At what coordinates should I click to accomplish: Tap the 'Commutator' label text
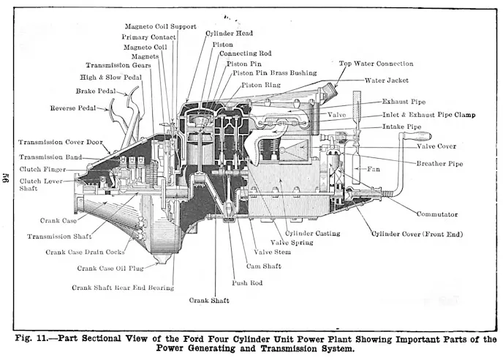click(436, 214)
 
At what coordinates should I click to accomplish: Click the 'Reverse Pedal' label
click(73, 108)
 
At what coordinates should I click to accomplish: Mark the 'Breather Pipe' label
click(439, 163)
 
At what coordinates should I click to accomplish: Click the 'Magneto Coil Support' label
click(160, 26)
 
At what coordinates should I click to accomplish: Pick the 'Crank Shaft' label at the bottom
click(210, 301)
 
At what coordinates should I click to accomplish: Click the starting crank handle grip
click(420, 137)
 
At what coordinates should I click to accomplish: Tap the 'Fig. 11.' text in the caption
click(31, 338)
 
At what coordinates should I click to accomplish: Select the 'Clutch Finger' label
click(42, 170)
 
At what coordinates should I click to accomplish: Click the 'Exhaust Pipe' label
click(404, 102)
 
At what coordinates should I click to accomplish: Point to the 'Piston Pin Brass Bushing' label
click(274, 73)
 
